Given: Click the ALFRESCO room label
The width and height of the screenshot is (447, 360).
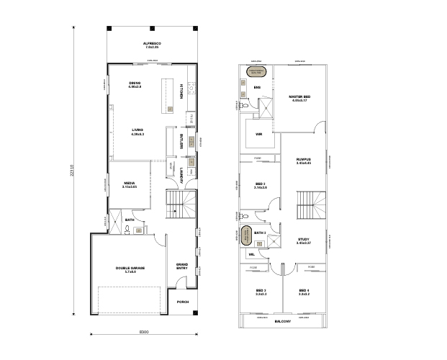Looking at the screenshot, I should pos(151,45).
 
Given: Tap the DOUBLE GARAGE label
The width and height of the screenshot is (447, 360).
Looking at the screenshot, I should pos(130,269).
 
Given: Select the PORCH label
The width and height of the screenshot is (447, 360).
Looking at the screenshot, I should pos(183,302).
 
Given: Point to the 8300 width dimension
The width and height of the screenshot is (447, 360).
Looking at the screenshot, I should pos(143,332).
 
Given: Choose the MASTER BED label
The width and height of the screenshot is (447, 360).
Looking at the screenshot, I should pos(299,98).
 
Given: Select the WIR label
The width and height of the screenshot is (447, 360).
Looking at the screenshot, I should pos(257,133).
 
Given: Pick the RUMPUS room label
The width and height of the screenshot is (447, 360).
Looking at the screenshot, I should pos(302,161).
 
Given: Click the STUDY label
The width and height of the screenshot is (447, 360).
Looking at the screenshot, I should pos(303,240).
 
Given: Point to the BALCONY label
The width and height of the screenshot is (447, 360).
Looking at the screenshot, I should pos(281,321).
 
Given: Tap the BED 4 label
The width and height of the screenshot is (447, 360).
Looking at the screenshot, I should pos(304,292).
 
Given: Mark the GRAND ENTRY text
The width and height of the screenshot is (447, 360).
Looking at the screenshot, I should pos(182,266).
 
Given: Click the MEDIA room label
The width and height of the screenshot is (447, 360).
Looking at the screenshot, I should pos(130,184).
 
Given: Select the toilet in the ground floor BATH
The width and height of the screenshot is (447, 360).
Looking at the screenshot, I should pos(126,230).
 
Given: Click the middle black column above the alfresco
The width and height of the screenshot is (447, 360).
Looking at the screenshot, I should pos(151,29).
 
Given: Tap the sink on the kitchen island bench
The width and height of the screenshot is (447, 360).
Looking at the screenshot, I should pos(170,109).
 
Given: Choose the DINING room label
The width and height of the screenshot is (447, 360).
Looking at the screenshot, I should pos(135,84).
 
